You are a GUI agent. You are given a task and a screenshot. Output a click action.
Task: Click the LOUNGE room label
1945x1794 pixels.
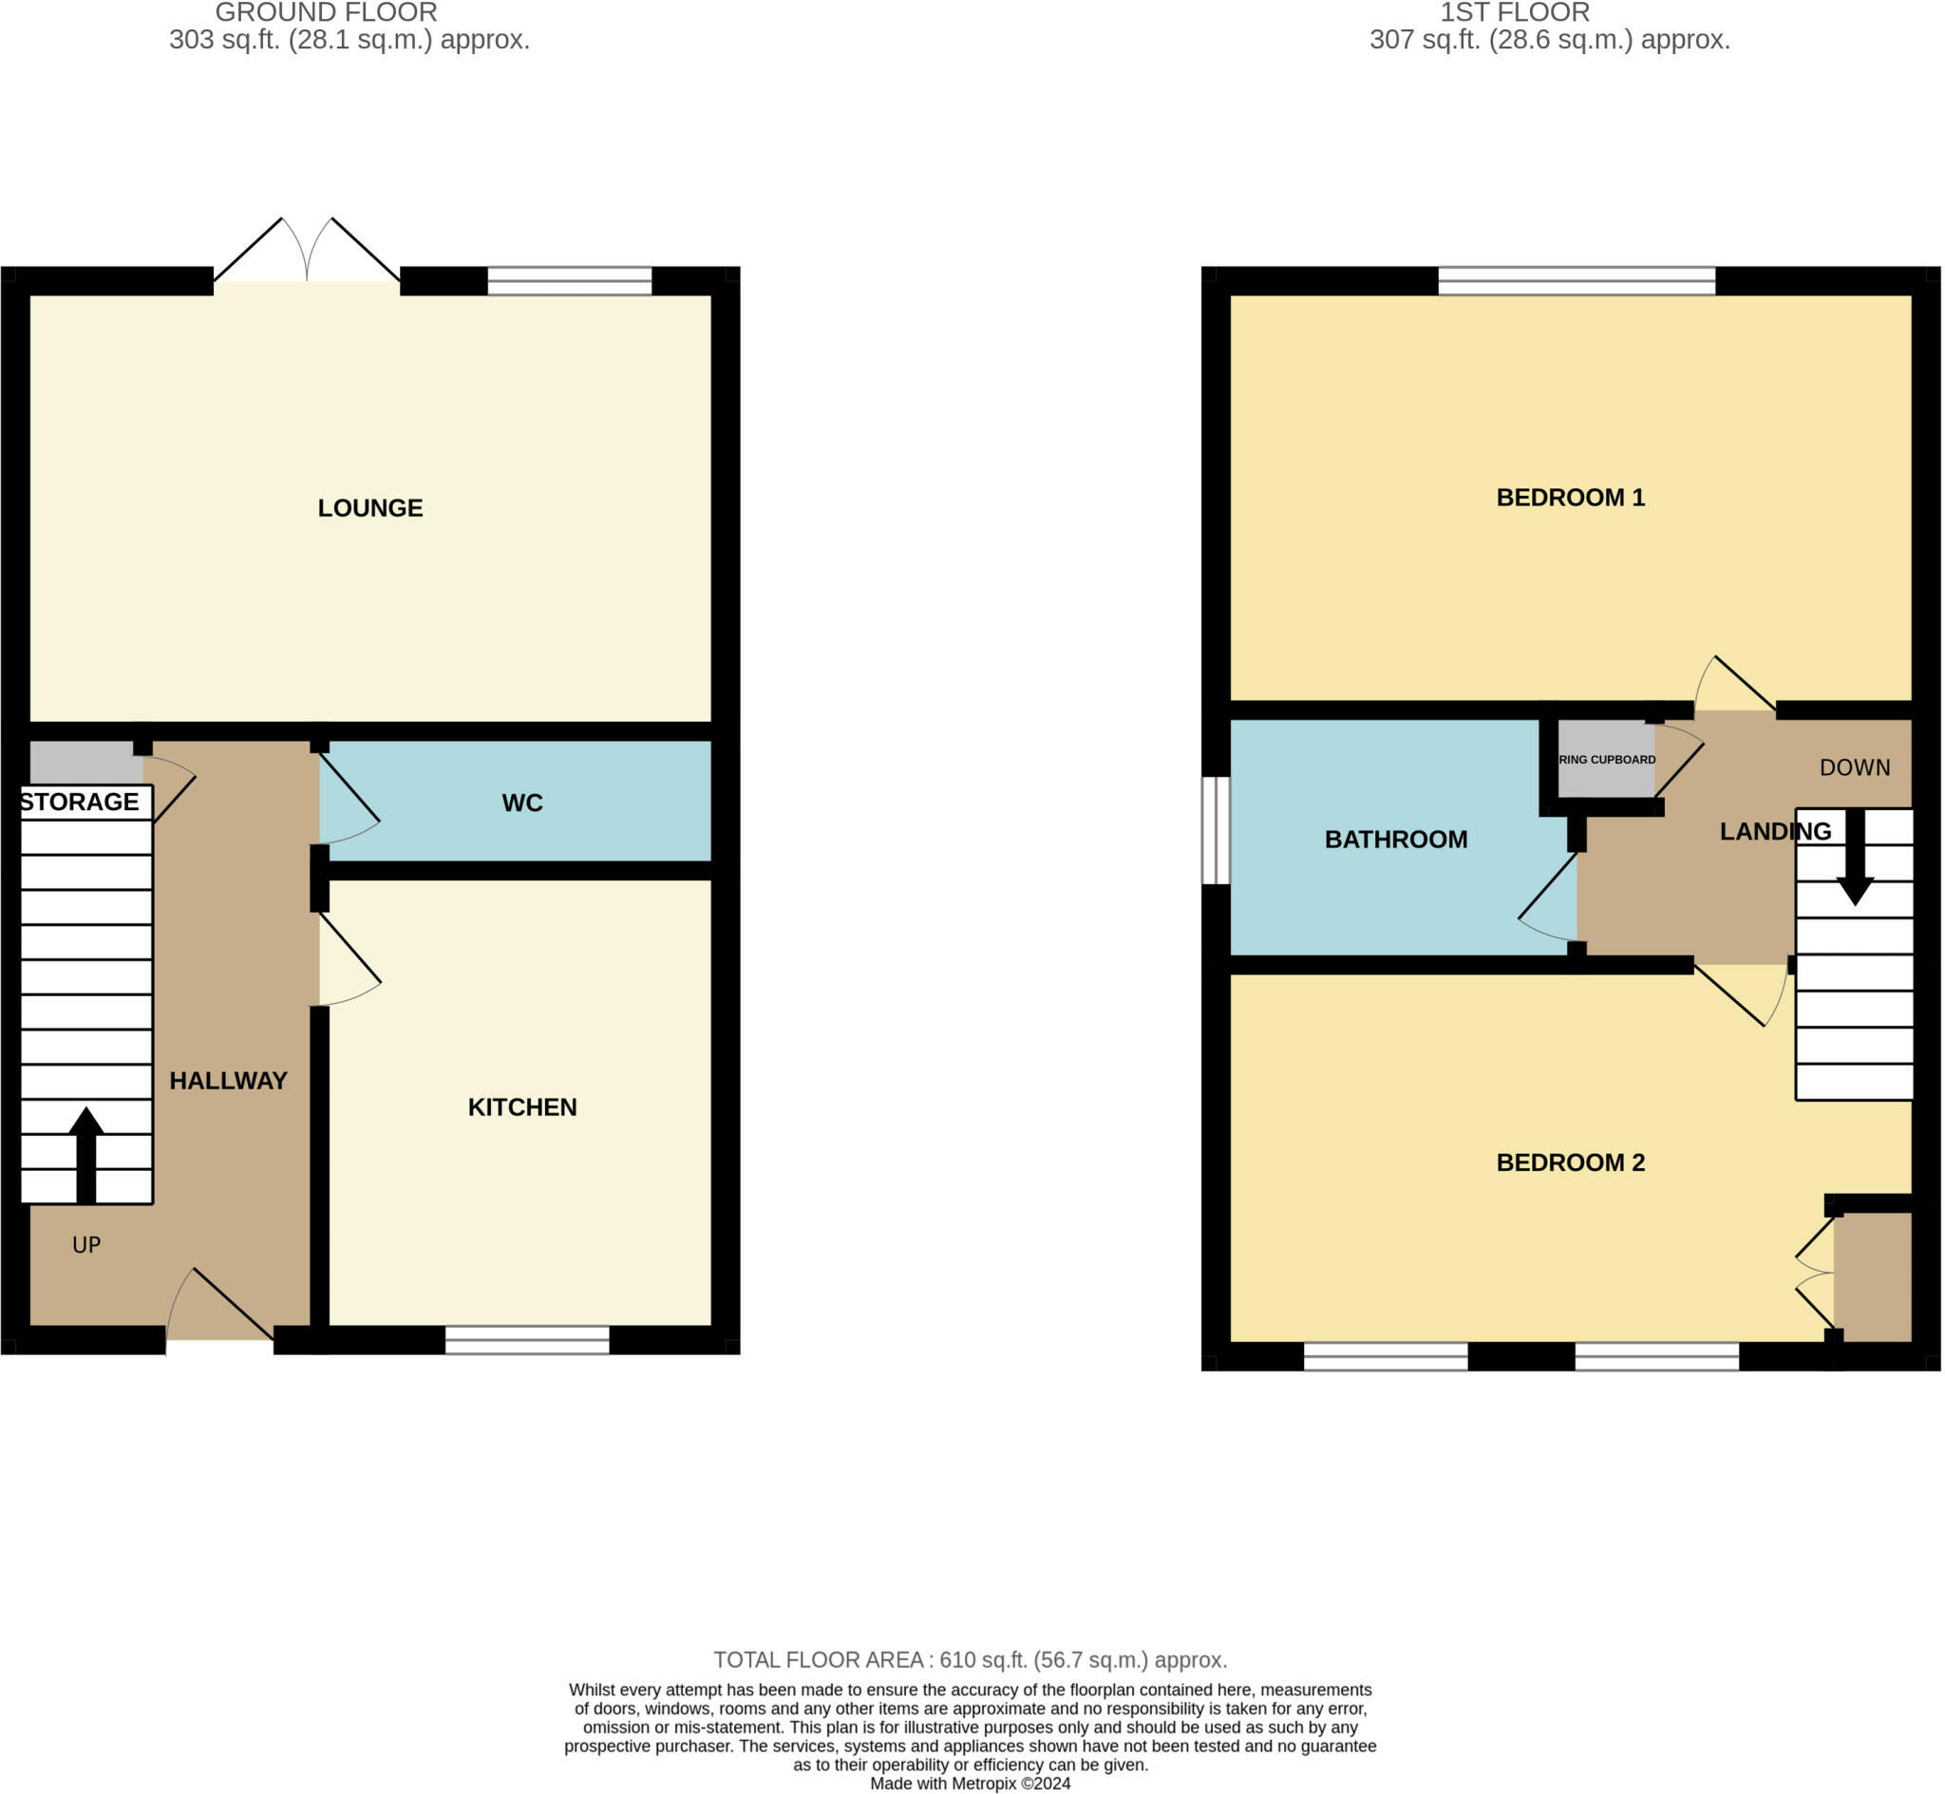click(369, 508)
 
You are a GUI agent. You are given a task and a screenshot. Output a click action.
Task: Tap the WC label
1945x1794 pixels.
click(521, 803)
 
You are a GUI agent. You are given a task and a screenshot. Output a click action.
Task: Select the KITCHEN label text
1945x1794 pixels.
click(522, 1106)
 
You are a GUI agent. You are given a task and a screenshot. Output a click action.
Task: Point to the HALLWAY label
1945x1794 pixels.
click(228, 1081)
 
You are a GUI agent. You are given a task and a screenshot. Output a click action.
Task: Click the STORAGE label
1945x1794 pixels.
click(80, 802)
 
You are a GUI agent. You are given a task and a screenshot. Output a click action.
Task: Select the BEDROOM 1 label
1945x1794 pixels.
click(1570, 497)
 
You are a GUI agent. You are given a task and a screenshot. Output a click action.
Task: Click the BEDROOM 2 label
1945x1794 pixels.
click(1570, 1162)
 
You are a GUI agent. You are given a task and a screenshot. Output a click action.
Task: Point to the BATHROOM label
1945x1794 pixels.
click(1395, 839)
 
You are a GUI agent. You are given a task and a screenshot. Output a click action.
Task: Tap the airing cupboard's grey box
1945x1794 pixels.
click(1605, 758)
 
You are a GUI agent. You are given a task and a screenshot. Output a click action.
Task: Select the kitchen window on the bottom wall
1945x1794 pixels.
click(527, 1339)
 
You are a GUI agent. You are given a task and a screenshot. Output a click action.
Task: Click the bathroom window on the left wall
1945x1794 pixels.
click(1215, 830)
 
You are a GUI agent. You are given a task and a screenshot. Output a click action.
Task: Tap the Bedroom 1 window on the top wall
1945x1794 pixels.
click(1576, 280)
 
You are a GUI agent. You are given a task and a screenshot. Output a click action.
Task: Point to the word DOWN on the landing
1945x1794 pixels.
click(1854, 768)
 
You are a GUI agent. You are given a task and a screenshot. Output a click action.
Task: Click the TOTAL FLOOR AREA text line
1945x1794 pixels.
click(970, 1659)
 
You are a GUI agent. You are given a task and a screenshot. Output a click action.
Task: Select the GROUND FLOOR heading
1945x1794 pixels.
click(326, 12)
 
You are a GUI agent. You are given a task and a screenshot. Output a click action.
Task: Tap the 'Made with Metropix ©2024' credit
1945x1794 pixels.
click(970, 1784)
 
